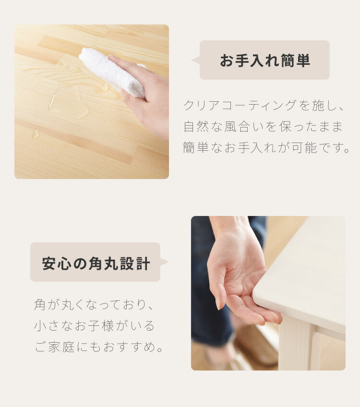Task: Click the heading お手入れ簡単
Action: pos(265,60)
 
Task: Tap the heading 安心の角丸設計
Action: pos(96,263)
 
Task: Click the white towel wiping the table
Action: pos(112,72)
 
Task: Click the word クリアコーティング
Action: pos(240,106)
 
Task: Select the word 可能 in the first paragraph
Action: pos(304,148)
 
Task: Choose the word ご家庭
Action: pos(55,347)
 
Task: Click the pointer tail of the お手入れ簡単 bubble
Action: pos(196,60)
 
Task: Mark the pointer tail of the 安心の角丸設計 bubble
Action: pos(164,262)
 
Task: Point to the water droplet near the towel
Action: pos(104,87)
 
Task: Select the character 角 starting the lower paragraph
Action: pos(40,305)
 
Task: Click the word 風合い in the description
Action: pos(244,127)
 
